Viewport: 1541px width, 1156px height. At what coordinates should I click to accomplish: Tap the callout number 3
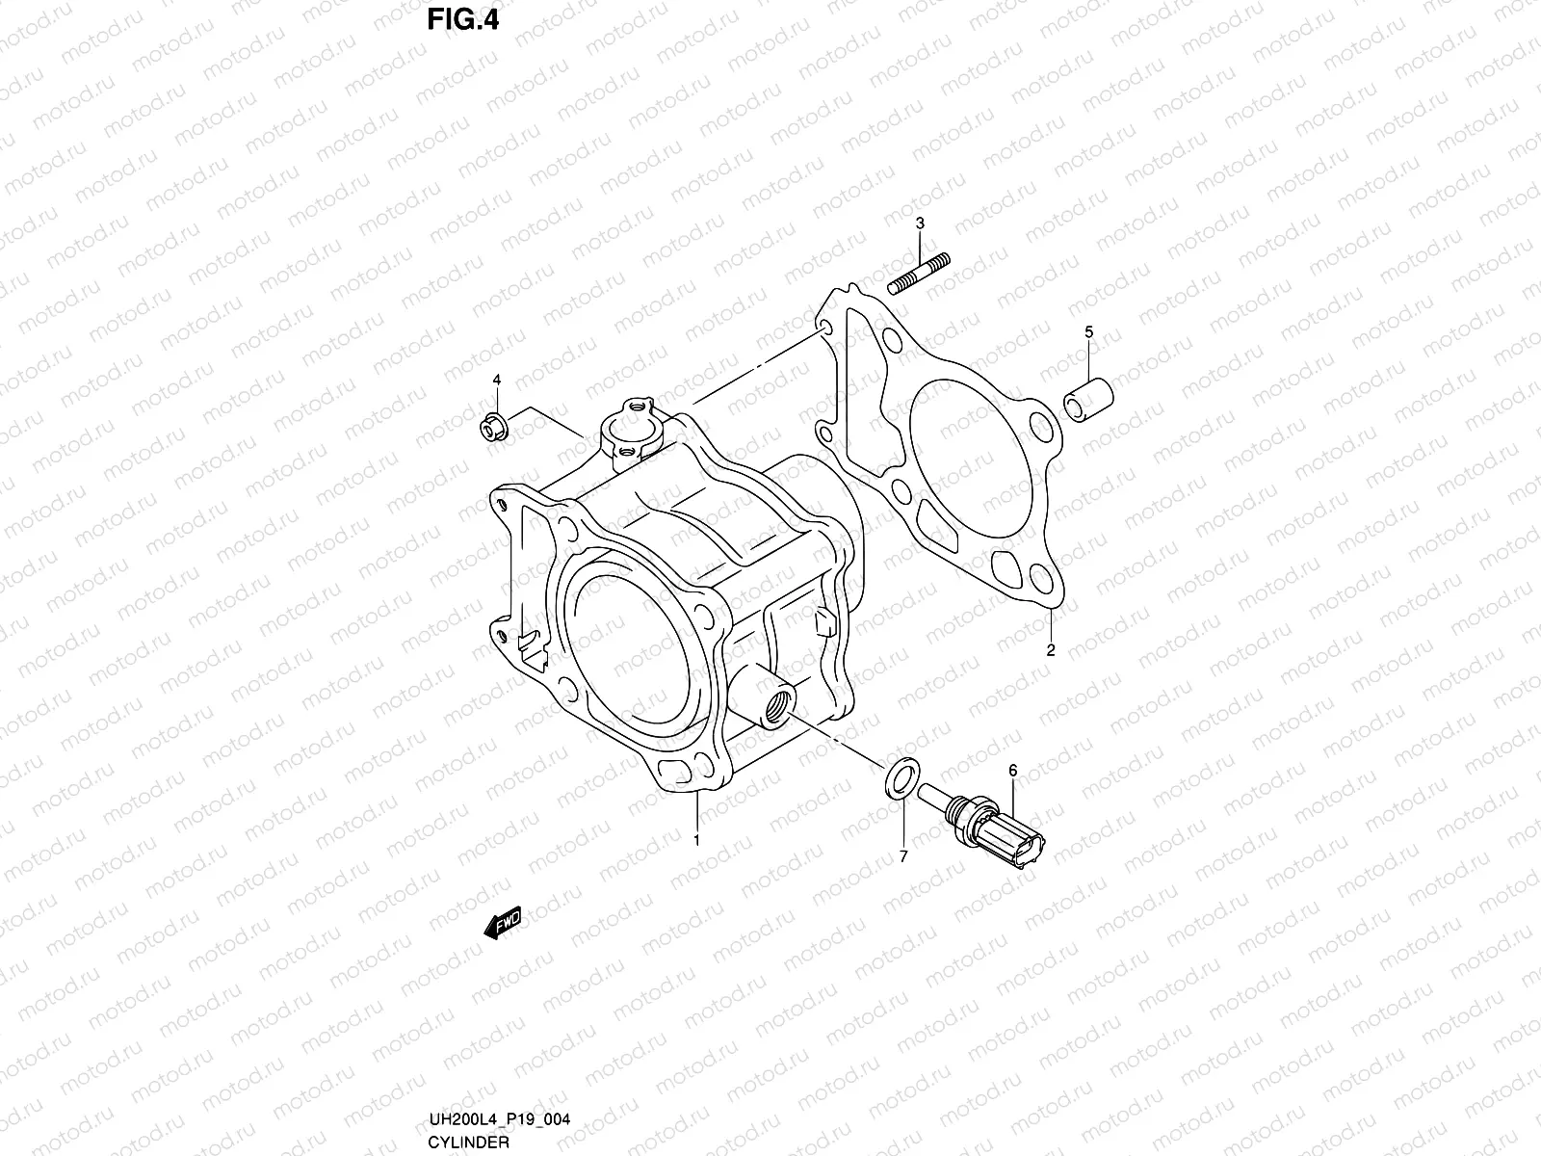pyautogui.click(x=920, y=223)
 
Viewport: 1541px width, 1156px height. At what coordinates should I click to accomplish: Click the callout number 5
pyautogui.click(x=1089, y=332)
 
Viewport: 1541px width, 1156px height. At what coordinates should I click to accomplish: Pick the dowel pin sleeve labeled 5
pyautogui.click(x=1088, y=401)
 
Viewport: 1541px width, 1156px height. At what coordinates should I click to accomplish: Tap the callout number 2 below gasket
pyautogui.click(x=1051, y=650)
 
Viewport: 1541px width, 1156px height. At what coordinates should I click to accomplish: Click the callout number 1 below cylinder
pyautogui.click(x=696, y=841)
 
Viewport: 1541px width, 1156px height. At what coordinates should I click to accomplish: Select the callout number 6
pyautogui.click(x=1012, y=771)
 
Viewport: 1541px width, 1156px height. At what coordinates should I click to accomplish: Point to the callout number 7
pyautogui.click(x=903, y=855)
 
